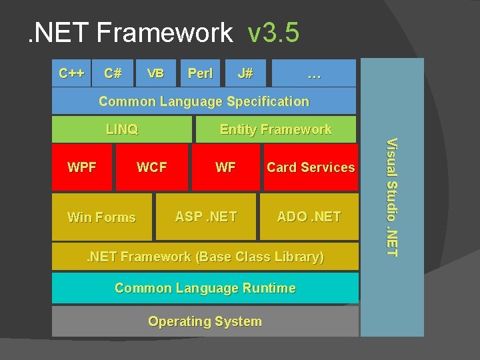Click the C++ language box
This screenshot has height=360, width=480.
point(71,73)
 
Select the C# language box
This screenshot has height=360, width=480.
point(113,73)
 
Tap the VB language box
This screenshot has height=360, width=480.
point(155,73)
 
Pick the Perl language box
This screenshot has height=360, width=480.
point(200,73)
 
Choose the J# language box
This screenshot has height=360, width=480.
point(245,73)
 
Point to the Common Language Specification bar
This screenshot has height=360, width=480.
point(204,101)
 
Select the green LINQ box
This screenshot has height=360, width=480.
point(122,129)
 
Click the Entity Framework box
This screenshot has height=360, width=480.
point(275,129)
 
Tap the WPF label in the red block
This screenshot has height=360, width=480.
point(82,167)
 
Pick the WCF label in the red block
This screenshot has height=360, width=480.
point(151,167)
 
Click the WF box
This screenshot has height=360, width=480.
point(225,167)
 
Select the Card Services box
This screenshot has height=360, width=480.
point(311,167)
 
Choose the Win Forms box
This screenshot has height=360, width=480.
point(102,217)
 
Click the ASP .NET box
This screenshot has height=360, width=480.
point(205,216)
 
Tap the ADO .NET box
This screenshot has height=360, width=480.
point(309,216)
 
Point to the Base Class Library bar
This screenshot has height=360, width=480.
point(204,257)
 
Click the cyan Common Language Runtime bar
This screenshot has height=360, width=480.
point(205,288)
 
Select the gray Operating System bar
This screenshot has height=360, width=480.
point(205,321)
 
